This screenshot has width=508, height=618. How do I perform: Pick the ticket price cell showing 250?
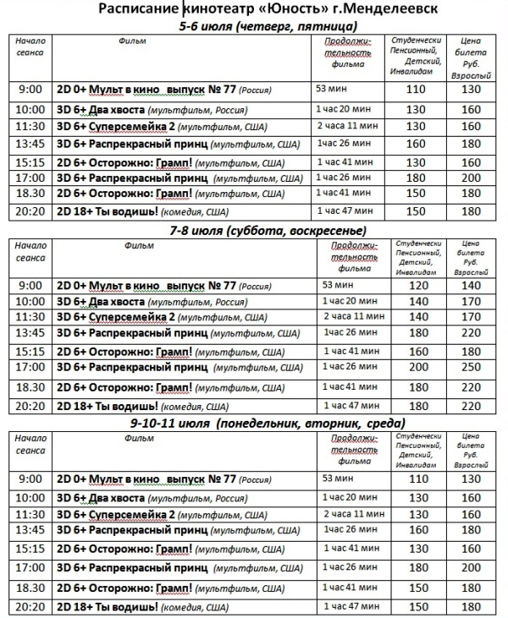[x=472, y=368]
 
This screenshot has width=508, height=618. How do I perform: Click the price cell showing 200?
[x=418, y=368]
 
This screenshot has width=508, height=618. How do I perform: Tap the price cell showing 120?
[x=418, y=287]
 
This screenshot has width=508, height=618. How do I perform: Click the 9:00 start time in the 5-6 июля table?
[x=29, y=89]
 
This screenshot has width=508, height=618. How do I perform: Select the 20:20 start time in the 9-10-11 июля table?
[x=29, y=606]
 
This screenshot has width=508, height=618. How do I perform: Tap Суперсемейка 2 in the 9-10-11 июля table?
[x=135, y=514]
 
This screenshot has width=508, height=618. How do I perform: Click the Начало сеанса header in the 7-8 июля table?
[x=30, y=252]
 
